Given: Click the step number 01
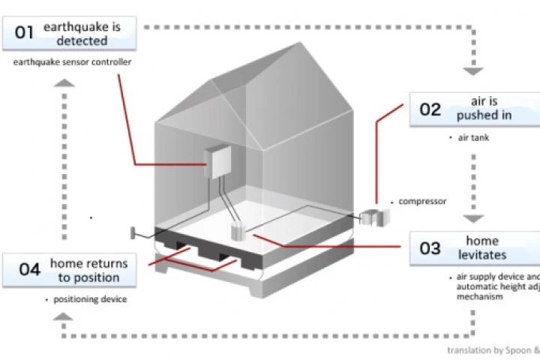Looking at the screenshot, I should pos(25,33).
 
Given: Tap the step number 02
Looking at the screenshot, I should pos(430,109).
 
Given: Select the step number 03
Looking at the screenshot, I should pos(430,249).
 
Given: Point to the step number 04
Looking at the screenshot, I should pos(29,271).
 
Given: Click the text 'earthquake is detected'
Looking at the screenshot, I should pos(82,34).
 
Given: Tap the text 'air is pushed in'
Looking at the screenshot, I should pos(484,108).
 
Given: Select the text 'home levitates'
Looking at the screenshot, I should pos(482,248).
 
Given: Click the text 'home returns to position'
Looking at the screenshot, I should pos(88,271).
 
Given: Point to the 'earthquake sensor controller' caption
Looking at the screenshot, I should pos(72,62).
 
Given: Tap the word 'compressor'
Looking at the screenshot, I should pos(422,201).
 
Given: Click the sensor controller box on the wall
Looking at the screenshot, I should pos(220,160).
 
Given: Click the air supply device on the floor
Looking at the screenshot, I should pos(239,230).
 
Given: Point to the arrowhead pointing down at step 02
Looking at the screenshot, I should pos(472,72).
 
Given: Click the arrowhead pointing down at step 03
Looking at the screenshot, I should pos(472,218).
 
